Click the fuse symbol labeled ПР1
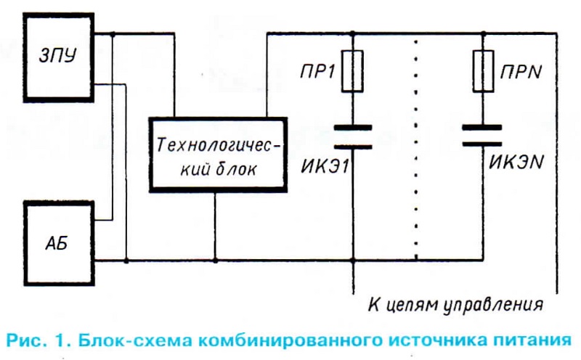pyautogui.click(x=352, y=71)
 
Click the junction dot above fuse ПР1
pyautogui.click(x=352, y=33)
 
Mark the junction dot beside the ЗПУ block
pyautogui.click(x=113, y=33)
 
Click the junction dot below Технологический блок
pyautogui.click(x=215, y=259)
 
